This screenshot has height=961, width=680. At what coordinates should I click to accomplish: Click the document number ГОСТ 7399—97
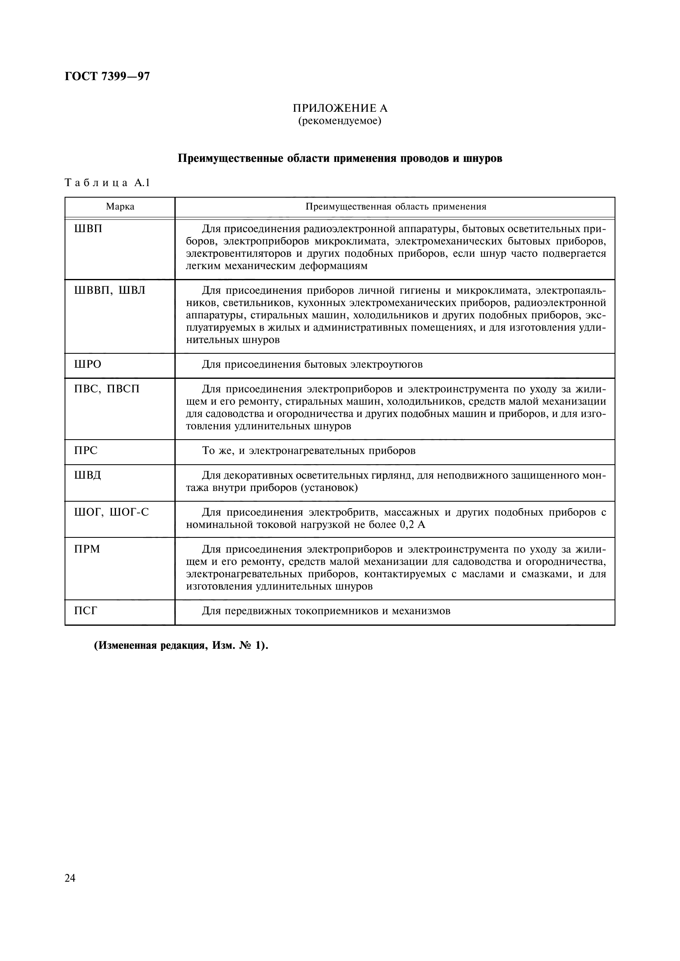click(107, 76)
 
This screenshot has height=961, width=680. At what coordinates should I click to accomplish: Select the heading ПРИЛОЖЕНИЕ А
click(340, 108)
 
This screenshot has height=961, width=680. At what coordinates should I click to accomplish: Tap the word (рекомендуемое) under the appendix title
click(340, 121)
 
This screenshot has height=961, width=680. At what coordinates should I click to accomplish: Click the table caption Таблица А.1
click(107, 183)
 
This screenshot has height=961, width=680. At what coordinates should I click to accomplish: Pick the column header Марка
click(120, 207)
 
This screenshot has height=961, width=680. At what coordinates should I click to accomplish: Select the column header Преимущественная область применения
click(395, 207)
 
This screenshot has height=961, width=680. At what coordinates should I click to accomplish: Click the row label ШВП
click(88, 229)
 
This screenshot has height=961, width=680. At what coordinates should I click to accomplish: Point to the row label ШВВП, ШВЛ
click(109, 290)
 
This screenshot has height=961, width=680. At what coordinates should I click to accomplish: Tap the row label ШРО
click(88, 364)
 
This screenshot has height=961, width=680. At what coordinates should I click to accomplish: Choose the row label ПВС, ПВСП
click(107, 389)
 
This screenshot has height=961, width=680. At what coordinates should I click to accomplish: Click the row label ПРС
click(86, 451)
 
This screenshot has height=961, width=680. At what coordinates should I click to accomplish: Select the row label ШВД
click(88, 475)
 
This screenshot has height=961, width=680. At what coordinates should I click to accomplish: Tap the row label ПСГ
click(86, 611)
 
